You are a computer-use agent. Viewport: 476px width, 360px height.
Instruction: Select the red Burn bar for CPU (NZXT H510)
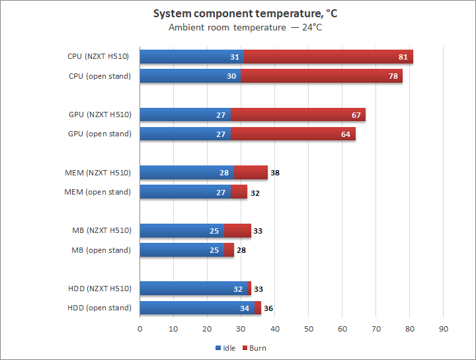pos(329,57)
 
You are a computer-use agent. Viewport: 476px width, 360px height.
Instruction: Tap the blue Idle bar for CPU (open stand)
pos(190,76)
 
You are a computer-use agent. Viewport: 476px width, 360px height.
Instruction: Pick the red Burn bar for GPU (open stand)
pos(293,134)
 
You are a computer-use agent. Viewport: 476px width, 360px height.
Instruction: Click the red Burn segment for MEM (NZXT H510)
pos(251,173)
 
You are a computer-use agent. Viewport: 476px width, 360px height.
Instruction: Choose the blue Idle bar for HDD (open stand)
pos(197,308)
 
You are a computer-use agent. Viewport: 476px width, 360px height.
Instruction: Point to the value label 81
pos(403,57)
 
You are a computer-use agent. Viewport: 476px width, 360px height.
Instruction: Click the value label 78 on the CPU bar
pos(393,76)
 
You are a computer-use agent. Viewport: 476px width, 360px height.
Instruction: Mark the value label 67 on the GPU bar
pos(356,114)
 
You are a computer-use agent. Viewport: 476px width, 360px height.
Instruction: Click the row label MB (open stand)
pos(101,250)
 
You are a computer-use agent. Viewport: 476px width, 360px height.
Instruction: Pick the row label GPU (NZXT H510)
pos(100,114)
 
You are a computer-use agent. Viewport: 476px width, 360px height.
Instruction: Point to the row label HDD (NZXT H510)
pos(99,289)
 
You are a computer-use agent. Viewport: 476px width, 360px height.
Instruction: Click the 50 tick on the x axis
pos(309,328)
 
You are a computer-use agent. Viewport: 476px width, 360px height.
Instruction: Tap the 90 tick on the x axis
pos(444,328)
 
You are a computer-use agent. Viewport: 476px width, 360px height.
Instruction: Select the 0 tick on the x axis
pos(140,328)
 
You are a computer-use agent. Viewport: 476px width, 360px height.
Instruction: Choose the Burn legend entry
pos(255,347)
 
